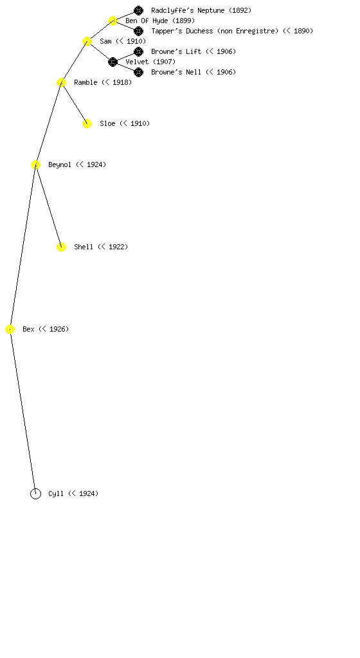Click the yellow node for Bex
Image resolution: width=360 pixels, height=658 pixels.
(x=10, y=330)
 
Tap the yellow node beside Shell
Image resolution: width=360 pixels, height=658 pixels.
(x=61, y=247)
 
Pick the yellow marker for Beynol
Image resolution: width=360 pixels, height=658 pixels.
(x=35, y=165)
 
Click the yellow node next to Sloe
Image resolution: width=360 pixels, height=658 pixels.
(x=87, y=124)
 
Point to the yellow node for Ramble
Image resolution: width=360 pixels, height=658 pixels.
(x=61, y=83)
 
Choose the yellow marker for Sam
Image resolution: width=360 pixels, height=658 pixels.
(x=87, y=42)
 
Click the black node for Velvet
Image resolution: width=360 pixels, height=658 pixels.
(x=113, y=62)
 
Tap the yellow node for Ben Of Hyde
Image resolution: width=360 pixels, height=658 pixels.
(x=113, y=21)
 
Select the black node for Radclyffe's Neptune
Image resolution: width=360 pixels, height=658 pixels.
(x=138, y=10)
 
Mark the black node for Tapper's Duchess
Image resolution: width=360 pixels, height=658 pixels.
(x=138, y=31)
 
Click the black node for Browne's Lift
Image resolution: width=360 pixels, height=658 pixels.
(x=138, y=51)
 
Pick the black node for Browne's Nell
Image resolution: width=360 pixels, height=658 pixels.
(x=138, y=72)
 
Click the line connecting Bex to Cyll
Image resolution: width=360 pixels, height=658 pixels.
(x=22, y=412)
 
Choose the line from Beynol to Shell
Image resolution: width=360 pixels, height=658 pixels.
(x=48, y=206)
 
